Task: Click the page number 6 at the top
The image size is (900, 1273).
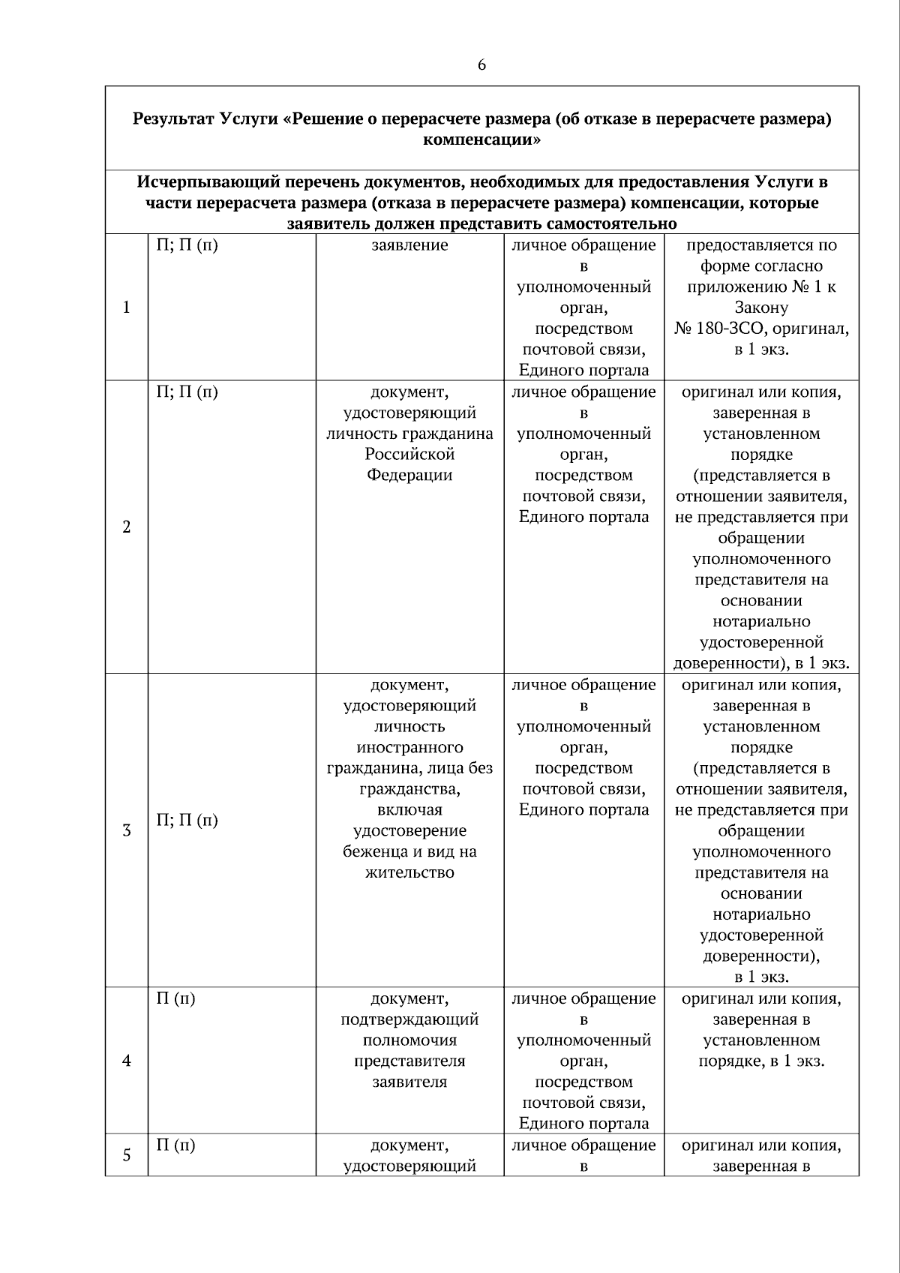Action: tap(481, 65)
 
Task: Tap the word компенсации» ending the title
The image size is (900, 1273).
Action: tap(481, 140)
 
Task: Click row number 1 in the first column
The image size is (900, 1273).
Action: tap(126, 308)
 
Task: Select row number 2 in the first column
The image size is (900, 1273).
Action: tap(126, 527)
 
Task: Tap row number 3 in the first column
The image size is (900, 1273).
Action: tap(126, 830)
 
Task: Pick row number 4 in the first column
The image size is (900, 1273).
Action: tap(126, 1061)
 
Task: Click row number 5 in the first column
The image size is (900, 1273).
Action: tap(126, 1155)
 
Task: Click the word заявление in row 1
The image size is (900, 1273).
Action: tap(409, 245)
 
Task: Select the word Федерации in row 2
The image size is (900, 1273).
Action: tap(409, 476)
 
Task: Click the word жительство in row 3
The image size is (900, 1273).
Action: tap(409, 873)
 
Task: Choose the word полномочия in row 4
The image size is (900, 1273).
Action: tap(409, 1040)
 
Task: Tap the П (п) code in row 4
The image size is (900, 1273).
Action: tap(175, 999)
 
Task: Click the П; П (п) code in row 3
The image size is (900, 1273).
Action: tap(187, 820)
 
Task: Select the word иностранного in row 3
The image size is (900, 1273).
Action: tap(409, 748)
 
